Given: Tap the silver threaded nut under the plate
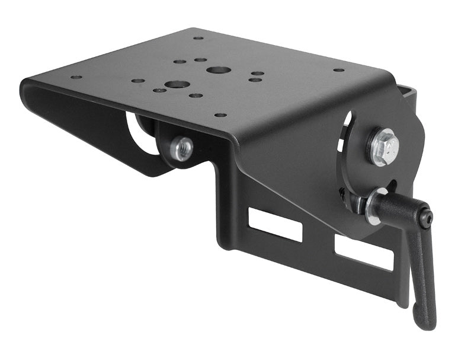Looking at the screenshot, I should click(181, 148).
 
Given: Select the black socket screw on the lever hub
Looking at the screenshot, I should click(426, 219).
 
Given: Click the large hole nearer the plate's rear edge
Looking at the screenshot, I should click(219, 70).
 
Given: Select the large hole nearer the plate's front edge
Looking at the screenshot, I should click(177, 85).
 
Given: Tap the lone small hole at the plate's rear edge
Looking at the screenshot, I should click(198, 38).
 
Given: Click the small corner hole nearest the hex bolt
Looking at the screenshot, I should click(339, 70).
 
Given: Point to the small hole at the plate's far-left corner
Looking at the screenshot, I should click(76, 77).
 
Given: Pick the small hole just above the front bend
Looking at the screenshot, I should click(220, 115).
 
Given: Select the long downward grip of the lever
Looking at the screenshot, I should click(421, 273).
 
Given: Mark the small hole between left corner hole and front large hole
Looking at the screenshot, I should click(137, 81).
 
